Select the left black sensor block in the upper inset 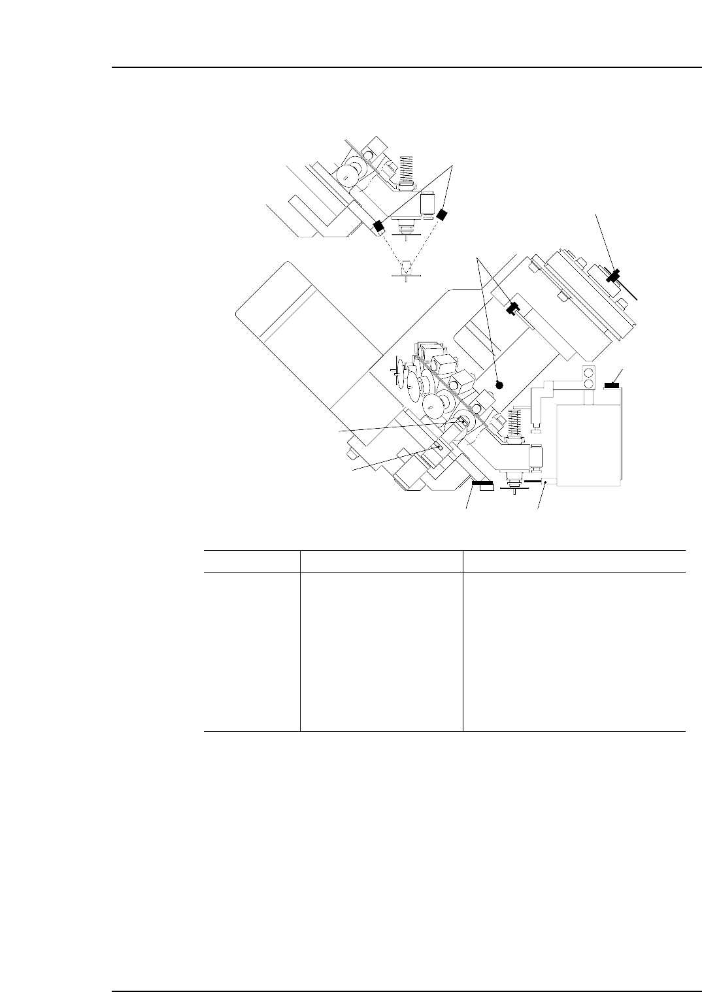pos(377,227)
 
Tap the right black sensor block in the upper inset pos(443,214)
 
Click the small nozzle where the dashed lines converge pos(407,268)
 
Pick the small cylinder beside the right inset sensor pos(429,204)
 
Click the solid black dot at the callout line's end pos(499,385)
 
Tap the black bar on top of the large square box pos(612,386)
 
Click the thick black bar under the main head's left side pos(483,484)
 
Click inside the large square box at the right pos(588,444)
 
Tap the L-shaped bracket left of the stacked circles pos(543,405)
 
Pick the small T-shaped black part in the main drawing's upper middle pos(513,307)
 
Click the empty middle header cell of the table pos(381,561)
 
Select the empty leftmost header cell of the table pos(252,561)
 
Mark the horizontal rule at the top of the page pos(405,67)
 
